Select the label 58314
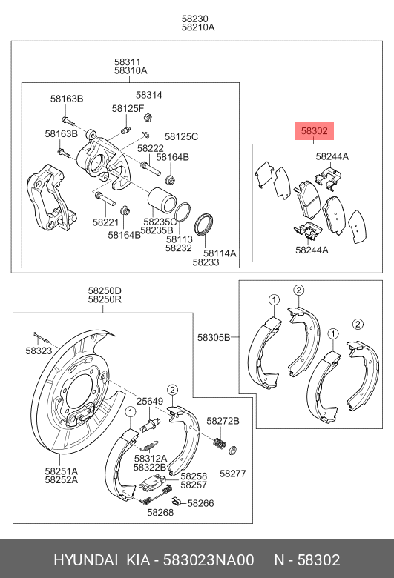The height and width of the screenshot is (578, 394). (148, 96)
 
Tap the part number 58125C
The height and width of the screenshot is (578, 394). (181, 136)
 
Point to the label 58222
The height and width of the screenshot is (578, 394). (150, 148)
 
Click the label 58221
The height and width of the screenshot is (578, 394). (105, 222)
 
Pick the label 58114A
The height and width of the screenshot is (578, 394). (220, 253)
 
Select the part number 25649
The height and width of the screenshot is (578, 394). (148, 401)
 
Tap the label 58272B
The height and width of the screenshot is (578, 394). (223, 421)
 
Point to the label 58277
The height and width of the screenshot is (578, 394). (232, 473)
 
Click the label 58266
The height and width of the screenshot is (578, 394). (200, 503)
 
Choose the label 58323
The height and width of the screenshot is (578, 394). (39, 350)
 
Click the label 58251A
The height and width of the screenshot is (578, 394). (61, 470)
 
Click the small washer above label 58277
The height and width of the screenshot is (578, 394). (232, 451)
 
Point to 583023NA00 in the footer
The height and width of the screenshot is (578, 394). (215, 559)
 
